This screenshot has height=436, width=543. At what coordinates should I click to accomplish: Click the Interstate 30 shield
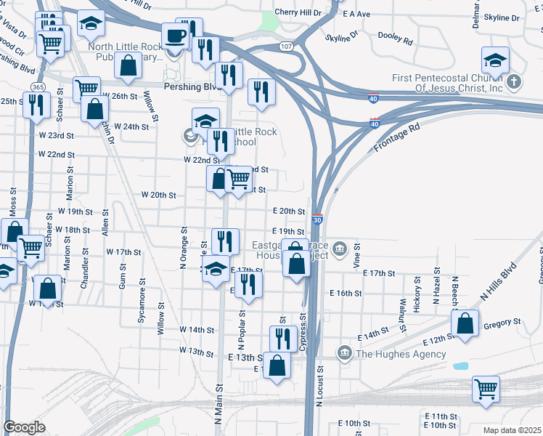(x=317, y=219)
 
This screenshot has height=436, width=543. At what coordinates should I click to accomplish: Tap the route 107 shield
(x=287, y=47)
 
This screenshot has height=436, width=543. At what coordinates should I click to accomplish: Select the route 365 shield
(x=38, y=87)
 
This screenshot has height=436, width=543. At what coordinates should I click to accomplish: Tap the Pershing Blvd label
(x=192, y=86)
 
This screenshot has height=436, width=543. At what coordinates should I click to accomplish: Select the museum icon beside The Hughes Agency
(x=345, y=354)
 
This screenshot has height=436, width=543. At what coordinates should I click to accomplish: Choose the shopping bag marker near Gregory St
(x=465, y=326)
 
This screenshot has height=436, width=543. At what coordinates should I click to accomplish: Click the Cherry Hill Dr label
(x=298, y=13)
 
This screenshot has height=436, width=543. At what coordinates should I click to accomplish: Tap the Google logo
(x=24, y=427)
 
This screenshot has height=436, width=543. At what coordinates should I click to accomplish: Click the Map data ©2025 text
(x=512, y=430)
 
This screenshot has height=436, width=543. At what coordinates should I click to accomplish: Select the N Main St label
(x=218, y=404)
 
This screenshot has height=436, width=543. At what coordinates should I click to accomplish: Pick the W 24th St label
(x=131, y=126)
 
